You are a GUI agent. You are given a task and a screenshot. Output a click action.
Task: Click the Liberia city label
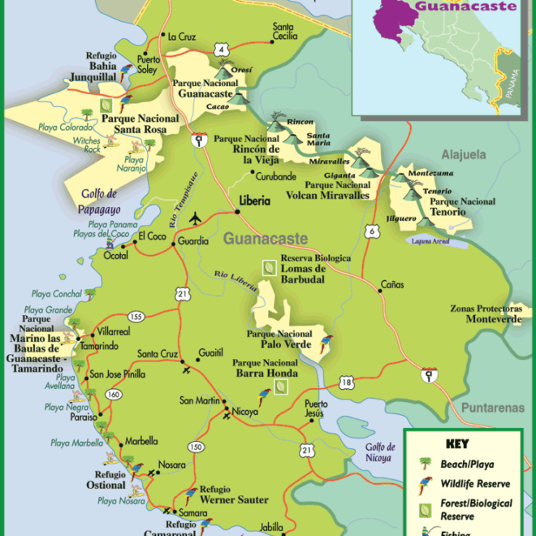click(x=255, y=201)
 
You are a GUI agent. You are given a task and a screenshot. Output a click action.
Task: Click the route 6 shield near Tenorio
click(x=371, y=232)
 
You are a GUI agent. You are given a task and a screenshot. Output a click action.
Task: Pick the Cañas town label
click(x=392, y=285)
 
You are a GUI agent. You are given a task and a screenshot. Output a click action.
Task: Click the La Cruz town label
click(x=181, y=36)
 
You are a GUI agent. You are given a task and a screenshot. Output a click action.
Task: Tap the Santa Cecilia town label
click(x=284, y=30)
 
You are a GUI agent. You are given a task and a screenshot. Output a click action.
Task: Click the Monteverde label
click(x=493, y=319)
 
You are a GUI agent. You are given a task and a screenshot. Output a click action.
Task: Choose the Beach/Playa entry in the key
click(x=468, y=464)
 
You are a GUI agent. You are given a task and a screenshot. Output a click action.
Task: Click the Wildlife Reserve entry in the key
click(x=474, y=483)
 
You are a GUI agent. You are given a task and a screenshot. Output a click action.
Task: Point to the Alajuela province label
click(x=463, y=154)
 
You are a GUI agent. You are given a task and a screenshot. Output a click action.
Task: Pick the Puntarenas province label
click(x=492, y=408)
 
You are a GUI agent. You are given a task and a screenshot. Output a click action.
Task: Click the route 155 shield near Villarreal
click(x=135, y=317)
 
